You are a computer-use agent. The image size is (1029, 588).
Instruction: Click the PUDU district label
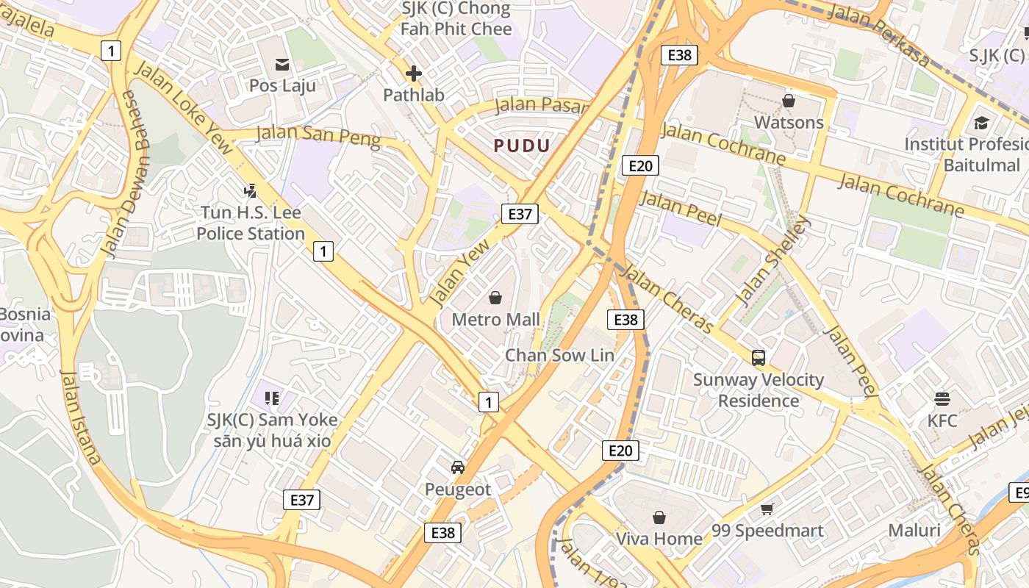tap(522, 146)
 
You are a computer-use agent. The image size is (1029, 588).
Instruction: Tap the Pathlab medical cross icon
tap(414, 73)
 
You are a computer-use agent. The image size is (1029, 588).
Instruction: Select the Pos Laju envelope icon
tap(282, 65)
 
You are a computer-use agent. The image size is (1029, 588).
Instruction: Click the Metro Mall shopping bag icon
tap(495, 298)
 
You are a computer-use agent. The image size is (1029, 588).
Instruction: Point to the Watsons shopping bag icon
tap(789, 101)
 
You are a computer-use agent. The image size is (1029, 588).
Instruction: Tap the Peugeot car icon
tap(458, 467)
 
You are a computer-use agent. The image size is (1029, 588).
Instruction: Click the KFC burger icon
tap(942, 399)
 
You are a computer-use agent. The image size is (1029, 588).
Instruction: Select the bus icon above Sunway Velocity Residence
tap(759, 358)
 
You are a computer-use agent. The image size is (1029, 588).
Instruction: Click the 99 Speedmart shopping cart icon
tap(767, 509)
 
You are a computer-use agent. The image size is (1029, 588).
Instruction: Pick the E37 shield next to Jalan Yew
tap(520, 214)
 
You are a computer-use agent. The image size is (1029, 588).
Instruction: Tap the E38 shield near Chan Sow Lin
tap(625, 319)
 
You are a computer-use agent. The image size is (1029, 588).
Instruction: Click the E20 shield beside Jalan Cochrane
tap(639, 165)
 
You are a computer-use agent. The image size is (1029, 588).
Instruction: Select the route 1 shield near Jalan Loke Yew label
tap(110, 51)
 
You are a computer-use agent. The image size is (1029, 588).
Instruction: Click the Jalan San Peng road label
tap(318, 136)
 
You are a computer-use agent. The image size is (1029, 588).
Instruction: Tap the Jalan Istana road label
tap(80, 417)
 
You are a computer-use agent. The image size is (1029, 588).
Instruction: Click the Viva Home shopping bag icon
tap(659, 517)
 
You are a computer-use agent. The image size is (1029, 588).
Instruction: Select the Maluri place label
tap(914, 531)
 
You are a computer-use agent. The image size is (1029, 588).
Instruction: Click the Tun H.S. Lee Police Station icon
tap(250, 191)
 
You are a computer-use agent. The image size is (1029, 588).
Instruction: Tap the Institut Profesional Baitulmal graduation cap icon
tap(981, 123)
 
